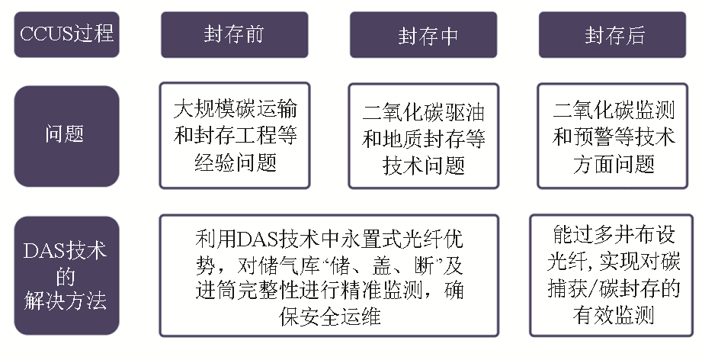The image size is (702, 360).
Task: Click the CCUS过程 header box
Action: pos(67,34)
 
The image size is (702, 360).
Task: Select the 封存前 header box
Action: pos(235,34)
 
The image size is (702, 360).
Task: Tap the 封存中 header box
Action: pos(424,34)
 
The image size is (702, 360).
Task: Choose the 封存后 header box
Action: pos(613,34)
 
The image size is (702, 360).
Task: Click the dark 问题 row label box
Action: pos(67,136)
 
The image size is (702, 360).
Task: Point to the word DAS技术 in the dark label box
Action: pos(65,251)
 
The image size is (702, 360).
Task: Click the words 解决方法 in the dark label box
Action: pos(66,301)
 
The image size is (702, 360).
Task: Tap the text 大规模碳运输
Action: pos(235,109)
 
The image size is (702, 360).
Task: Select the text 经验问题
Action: pos(236,162)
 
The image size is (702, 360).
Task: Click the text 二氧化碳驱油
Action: pos(424,112)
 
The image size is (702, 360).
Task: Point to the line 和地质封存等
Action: pos(424,139)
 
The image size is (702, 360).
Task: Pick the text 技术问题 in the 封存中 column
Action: pos(424,166)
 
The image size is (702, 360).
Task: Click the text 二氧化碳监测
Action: pos(614,110)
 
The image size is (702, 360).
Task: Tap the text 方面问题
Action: pos(614,164)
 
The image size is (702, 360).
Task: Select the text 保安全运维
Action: pos(330,317)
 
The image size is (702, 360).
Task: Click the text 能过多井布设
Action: pos(614,233)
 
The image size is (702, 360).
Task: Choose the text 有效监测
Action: pos(614,315)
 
